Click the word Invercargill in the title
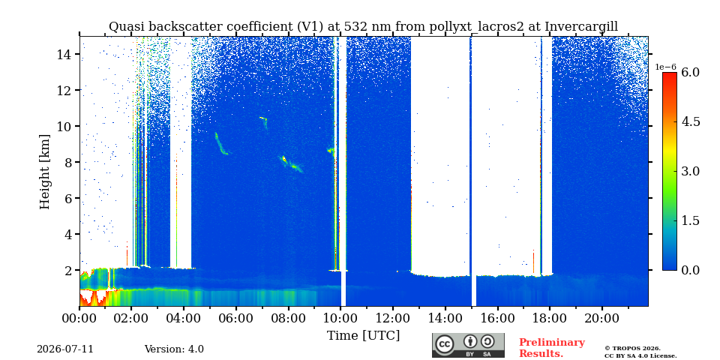tap(581, 27)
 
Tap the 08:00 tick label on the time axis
tap(288, 318)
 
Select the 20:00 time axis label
tap(601, 318)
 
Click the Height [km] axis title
tap(44, 172)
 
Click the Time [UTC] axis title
tap(363, 335)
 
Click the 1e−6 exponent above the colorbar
tap(665, 67)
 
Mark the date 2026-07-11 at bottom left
tap(65, 349)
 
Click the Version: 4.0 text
tap(174, 349)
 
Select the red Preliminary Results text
tap(552, 348)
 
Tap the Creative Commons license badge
tap(468, 345)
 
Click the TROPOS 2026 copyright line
tap(632, 349)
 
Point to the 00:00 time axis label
tap(79, 318)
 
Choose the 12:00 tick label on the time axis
tap(392, 318)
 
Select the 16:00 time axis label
tap(497, 318)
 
